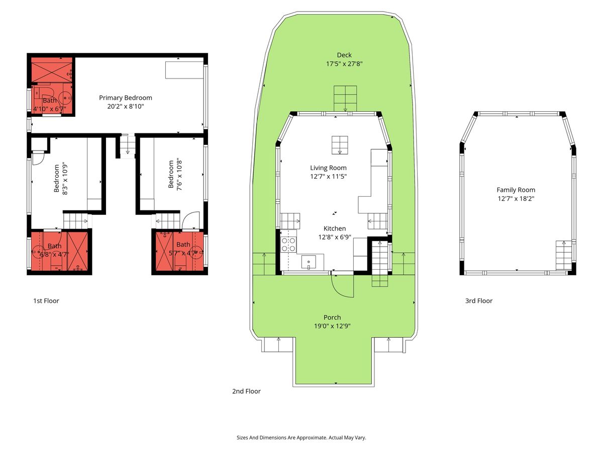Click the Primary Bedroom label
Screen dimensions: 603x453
click(x=126, y=98)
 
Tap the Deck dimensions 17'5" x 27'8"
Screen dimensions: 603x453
click(x=344, y=64)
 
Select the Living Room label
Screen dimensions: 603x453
click(x=328, y=168)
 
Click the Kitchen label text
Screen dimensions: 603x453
click(x=335, y=229)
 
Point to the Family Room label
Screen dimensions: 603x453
click(x=516, y=190)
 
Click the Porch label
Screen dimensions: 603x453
click(x=332, y=317)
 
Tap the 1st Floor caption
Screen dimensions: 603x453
click(x=46, y=300)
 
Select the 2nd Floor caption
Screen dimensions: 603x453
click(x=246, y=391)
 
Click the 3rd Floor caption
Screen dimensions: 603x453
click(x=479, y=300)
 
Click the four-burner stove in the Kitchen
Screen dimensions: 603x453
click(x=288, y=245)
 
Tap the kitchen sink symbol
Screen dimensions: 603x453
click(x=309, y=262)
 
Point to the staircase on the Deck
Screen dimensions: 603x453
click(x=345, y=99)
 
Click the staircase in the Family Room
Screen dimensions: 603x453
click(x=564, y=256)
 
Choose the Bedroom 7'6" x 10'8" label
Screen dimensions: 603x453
click(x=175, y=174)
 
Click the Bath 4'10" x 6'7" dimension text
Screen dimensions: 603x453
click(x=50, y=109)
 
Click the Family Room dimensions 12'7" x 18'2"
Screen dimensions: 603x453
click(x=516, y=199)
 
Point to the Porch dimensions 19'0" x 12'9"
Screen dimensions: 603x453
click(x=332, y=326)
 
